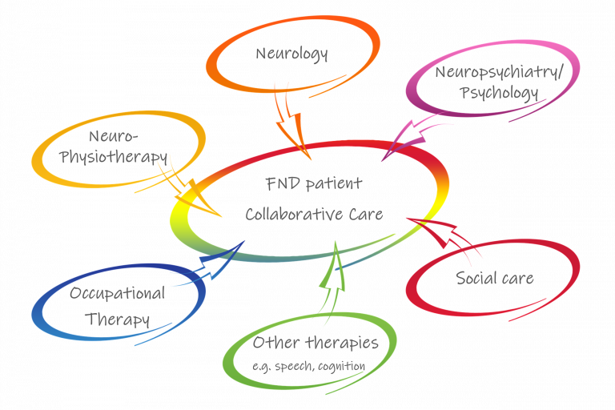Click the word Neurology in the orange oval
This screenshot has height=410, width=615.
pyautogui.click(x=292, y=54)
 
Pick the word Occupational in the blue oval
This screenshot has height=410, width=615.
pyautogui.click(x=117, y=293)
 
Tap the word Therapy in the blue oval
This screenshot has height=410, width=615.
pyautogui.click(x=119, y=319)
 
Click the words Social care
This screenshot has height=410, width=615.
pyautogui.click(x=494, y=279)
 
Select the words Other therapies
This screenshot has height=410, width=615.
pyautogui.click(x=315, y=344)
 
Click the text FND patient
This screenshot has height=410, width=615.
pyautogui.click(x=313, y=183)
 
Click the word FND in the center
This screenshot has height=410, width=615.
pyautogui.click(x=280, y=183)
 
